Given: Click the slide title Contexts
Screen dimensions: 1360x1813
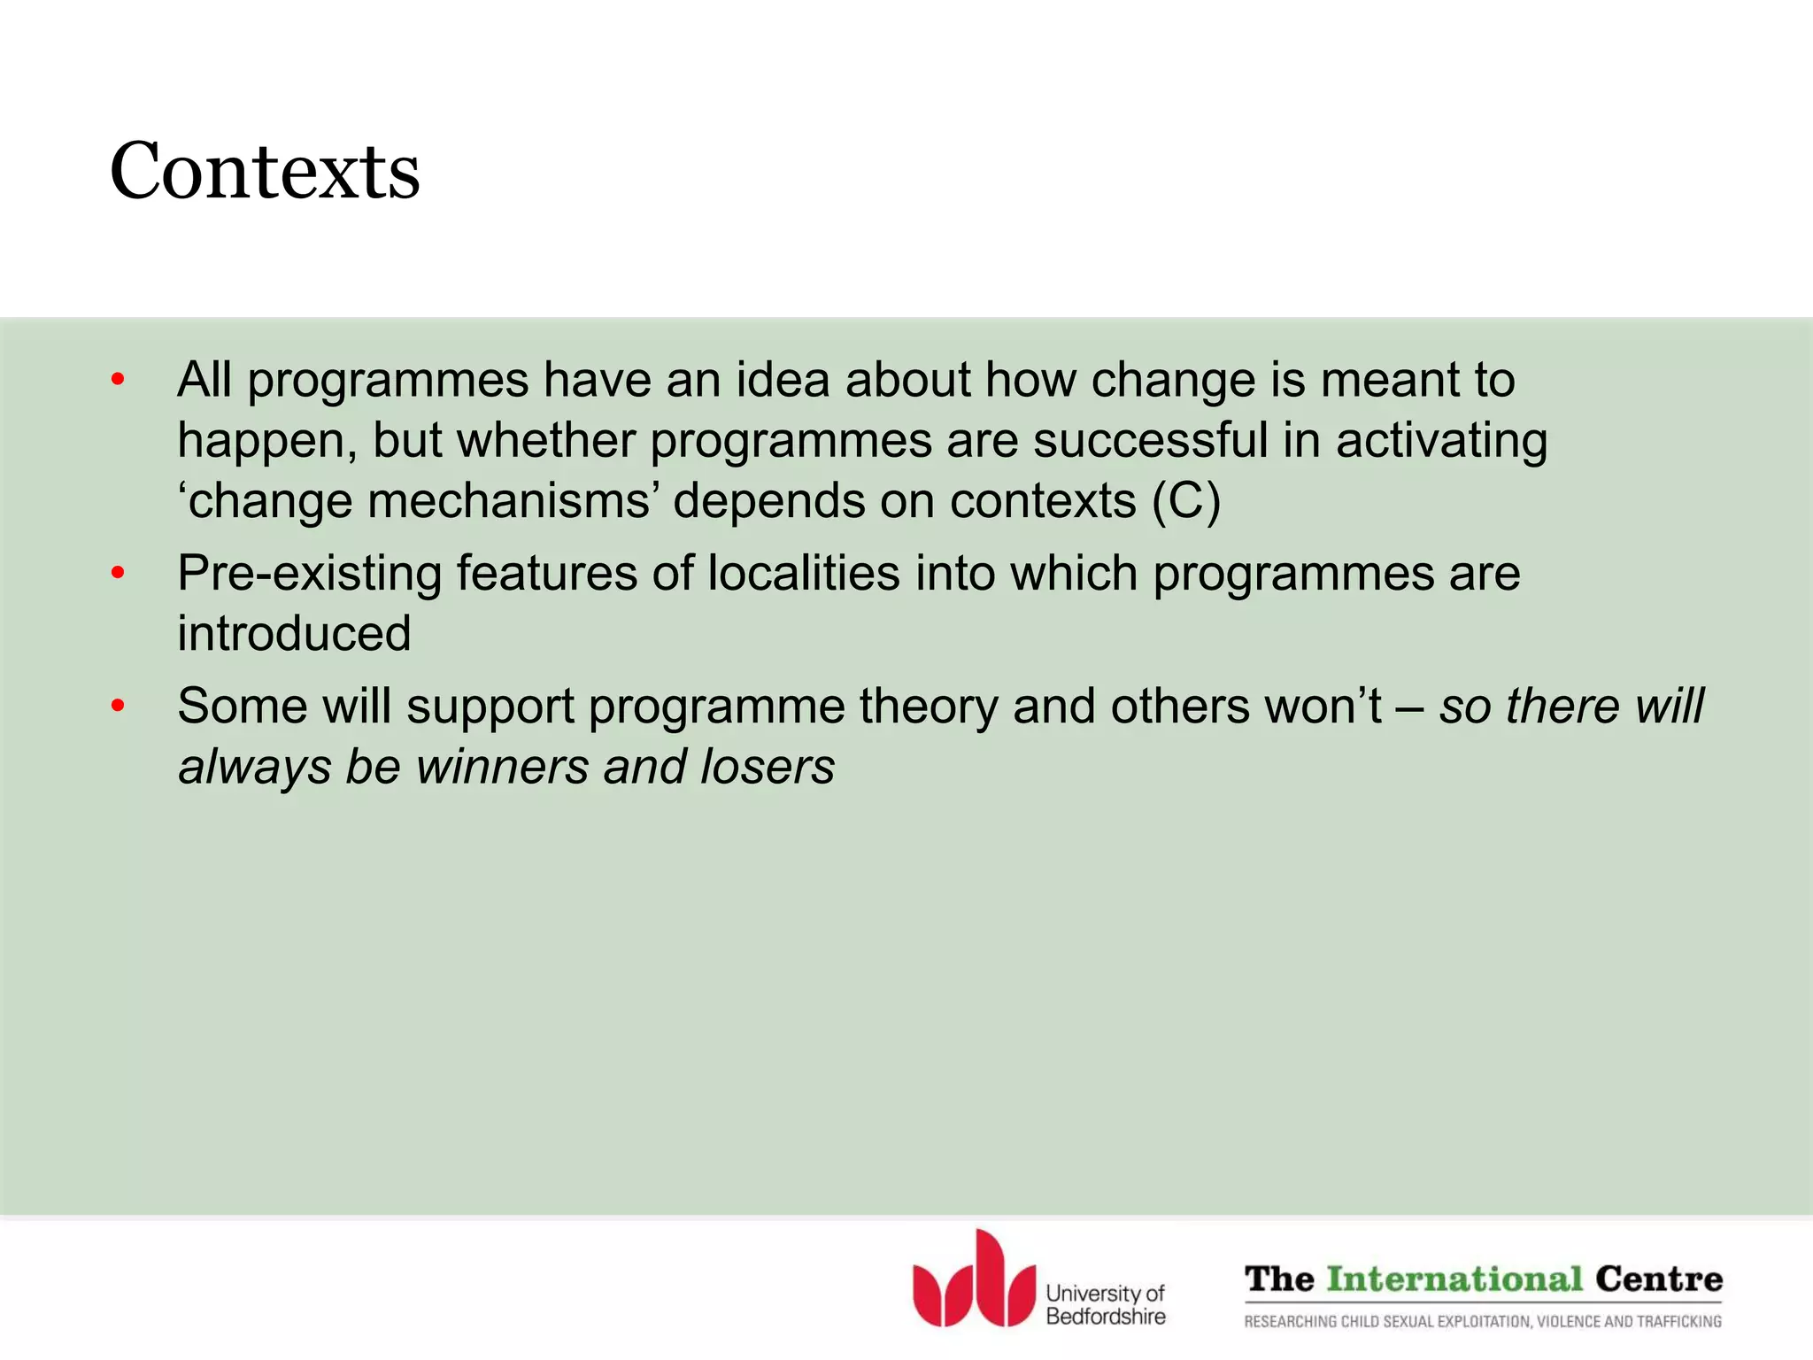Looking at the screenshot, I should (x=265, y=171).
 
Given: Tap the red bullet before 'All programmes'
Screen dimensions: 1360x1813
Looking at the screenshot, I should (x=118, y=381).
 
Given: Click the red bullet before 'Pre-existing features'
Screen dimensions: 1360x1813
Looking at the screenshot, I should (x=118, y=574).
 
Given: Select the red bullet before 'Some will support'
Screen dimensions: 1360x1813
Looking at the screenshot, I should (x=118, y=707).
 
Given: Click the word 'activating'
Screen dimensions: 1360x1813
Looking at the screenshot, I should (x=1441, y=441).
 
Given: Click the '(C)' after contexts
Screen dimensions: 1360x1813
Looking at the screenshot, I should (x=1185, y=501).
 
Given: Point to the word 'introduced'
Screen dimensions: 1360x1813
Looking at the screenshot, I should (x=294, y=634).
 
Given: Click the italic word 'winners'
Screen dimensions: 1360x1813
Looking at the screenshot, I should (x=502, y=767).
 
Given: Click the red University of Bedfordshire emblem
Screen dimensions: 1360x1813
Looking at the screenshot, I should (x=974, y=1280).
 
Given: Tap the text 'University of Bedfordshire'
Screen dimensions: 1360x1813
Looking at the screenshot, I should (x=1105, y=1305).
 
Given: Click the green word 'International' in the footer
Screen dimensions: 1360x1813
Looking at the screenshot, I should (x=1454, y=1279).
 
